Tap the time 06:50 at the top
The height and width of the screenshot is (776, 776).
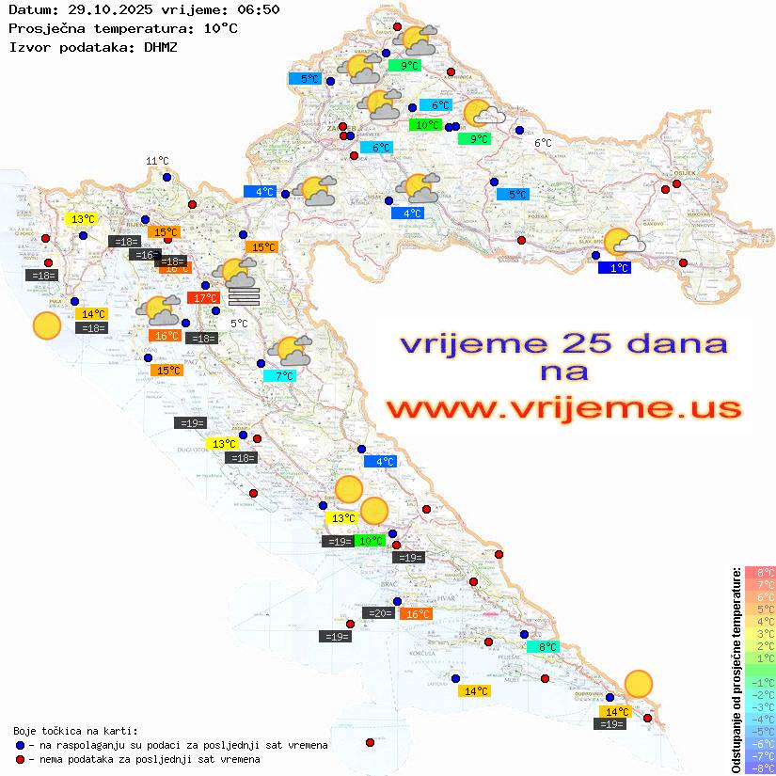[x=258, y=9]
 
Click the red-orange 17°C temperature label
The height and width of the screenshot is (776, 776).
[x=204, y=298]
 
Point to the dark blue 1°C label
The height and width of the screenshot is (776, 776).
[x=614, y=268]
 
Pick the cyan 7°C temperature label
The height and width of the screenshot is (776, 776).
[x=279, y=376]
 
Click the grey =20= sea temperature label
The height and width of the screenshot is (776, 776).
[x=379, y=613]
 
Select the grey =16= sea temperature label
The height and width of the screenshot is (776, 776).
[x=146, y=255]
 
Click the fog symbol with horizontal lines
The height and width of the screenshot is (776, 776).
[x=244, y=297]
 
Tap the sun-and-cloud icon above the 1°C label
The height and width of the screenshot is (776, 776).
[x=623, y=243]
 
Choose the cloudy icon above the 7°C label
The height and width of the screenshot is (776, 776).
[x=290, y=352]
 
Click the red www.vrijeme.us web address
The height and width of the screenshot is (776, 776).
[x=563, y=408]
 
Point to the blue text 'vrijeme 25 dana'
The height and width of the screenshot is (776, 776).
[x=563, y=343]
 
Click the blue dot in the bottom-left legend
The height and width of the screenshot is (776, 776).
[x=21, y=745]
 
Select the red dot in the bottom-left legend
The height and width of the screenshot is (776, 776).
[x=21, y=759]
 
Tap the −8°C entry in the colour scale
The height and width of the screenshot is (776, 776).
[x=759, y=768]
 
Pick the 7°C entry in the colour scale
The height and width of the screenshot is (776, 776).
[x=759, y=585]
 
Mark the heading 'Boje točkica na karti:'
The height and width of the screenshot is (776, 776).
[x=75, y=731]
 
